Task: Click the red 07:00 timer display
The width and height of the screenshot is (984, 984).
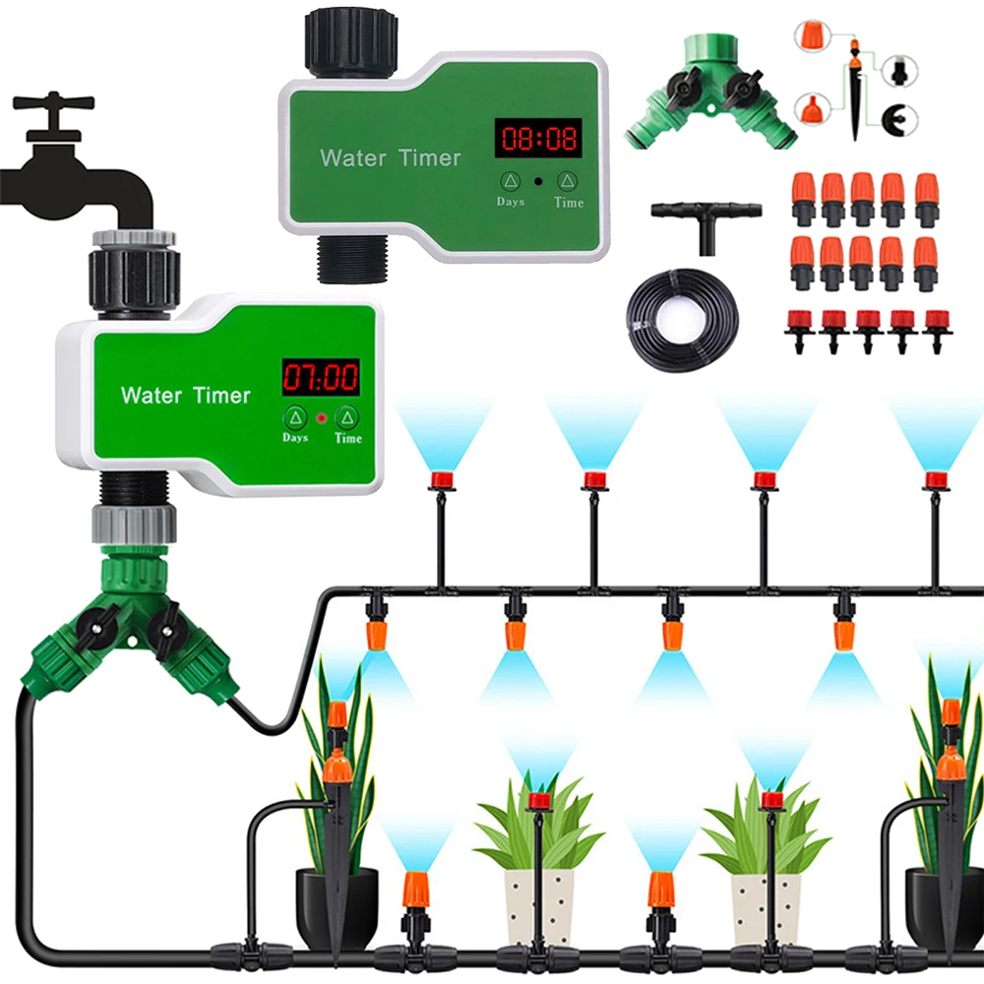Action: click(x=321, y=377)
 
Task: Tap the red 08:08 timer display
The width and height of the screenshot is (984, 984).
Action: click(x=536, y=137)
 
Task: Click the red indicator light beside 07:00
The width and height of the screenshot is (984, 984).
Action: click(x=321, y=418)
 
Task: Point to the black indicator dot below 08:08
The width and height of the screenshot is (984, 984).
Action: click(x=538, y=182)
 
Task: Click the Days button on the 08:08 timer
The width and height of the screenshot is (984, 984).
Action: click(x=510, y=181)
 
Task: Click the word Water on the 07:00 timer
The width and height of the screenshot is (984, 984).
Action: click(x=151, y=396)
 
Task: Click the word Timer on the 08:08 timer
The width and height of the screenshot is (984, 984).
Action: click(x=429, y=157)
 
